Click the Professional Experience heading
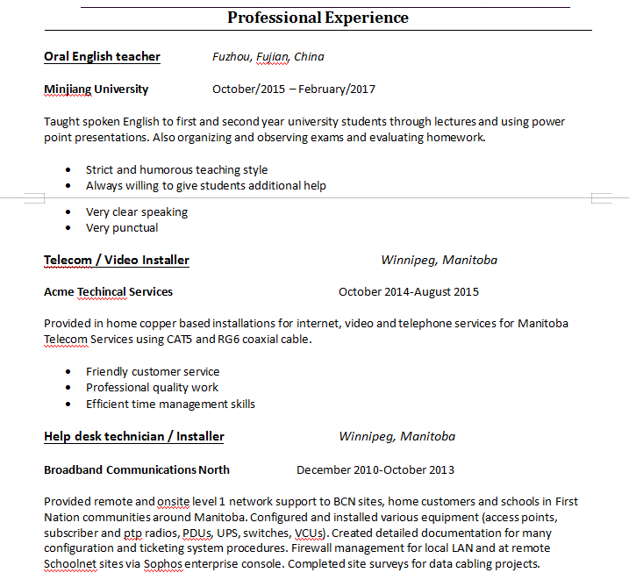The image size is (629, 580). pyautogui.click(x=318, y=18)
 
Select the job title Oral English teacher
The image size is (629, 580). pyautogui.click(x=102, y=57)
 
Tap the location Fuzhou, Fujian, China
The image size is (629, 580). pyautogui.click(x=268, y=57)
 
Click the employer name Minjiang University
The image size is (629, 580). pyautogui.click(x=96, y=90)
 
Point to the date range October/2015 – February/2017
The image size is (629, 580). pyautogui.click(x=294, y=90)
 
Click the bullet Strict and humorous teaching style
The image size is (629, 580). pyautogui.click(x=176, y=170)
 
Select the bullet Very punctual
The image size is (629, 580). pyautogui.click(x=122, y=228)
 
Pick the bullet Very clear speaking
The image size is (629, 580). pyautogui.click(x=137, y=212)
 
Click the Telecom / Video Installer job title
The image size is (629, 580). pyautogui.click(x=117, y=261)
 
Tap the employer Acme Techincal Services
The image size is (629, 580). pyautogui.click(x=108, y=292)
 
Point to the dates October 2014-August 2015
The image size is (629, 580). pyautogui.click(x=409, y=292)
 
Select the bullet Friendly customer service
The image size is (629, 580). pyautogui.click(x=153, y=372)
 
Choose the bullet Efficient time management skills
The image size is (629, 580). pyautogui.click(x=170, y=405)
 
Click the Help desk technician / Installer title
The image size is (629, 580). pyautogui.click(x=134, y=437)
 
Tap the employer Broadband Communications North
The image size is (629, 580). pyautogui.click(x=137, y=470)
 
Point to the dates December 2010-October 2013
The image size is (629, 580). pyautogui.click(x=375, y=470)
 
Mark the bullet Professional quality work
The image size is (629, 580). pyautogui.click(x=152, y=388)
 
